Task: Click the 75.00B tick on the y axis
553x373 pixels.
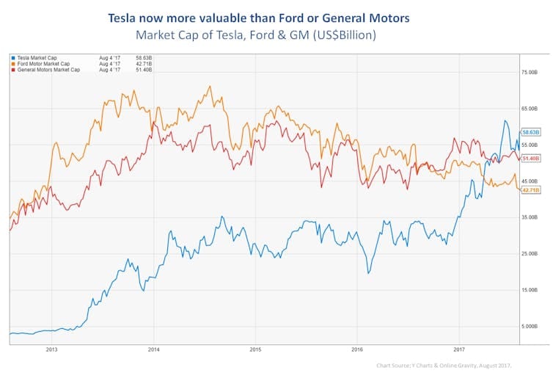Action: click(x=530, y=72)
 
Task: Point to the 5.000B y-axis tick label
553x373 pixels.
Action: click(x=530, y=326)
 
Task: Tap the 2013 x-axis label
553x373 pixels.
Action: click(x=51, y=350)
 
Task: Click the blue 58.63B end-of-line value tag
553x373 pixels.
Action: click(x=531, y=131)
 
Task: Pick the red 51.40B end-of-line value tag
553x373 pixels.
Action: click(x=531, y=158)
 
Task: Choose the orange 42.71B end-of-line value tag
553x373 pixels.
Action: click(x=531, y=190)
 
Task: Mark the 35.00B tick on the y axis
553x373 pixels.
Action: click(x=530, y=217)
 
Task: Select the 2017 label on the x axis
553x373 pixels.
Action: click(x=459, y=350)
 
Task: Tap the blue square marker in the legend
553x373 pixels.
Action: click(x=12, y=56)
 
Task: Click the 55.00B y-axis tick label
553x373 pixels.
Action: click(x=530, y=145)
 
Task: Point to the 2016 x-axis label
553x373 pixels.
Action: click(x=357, y=350)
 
